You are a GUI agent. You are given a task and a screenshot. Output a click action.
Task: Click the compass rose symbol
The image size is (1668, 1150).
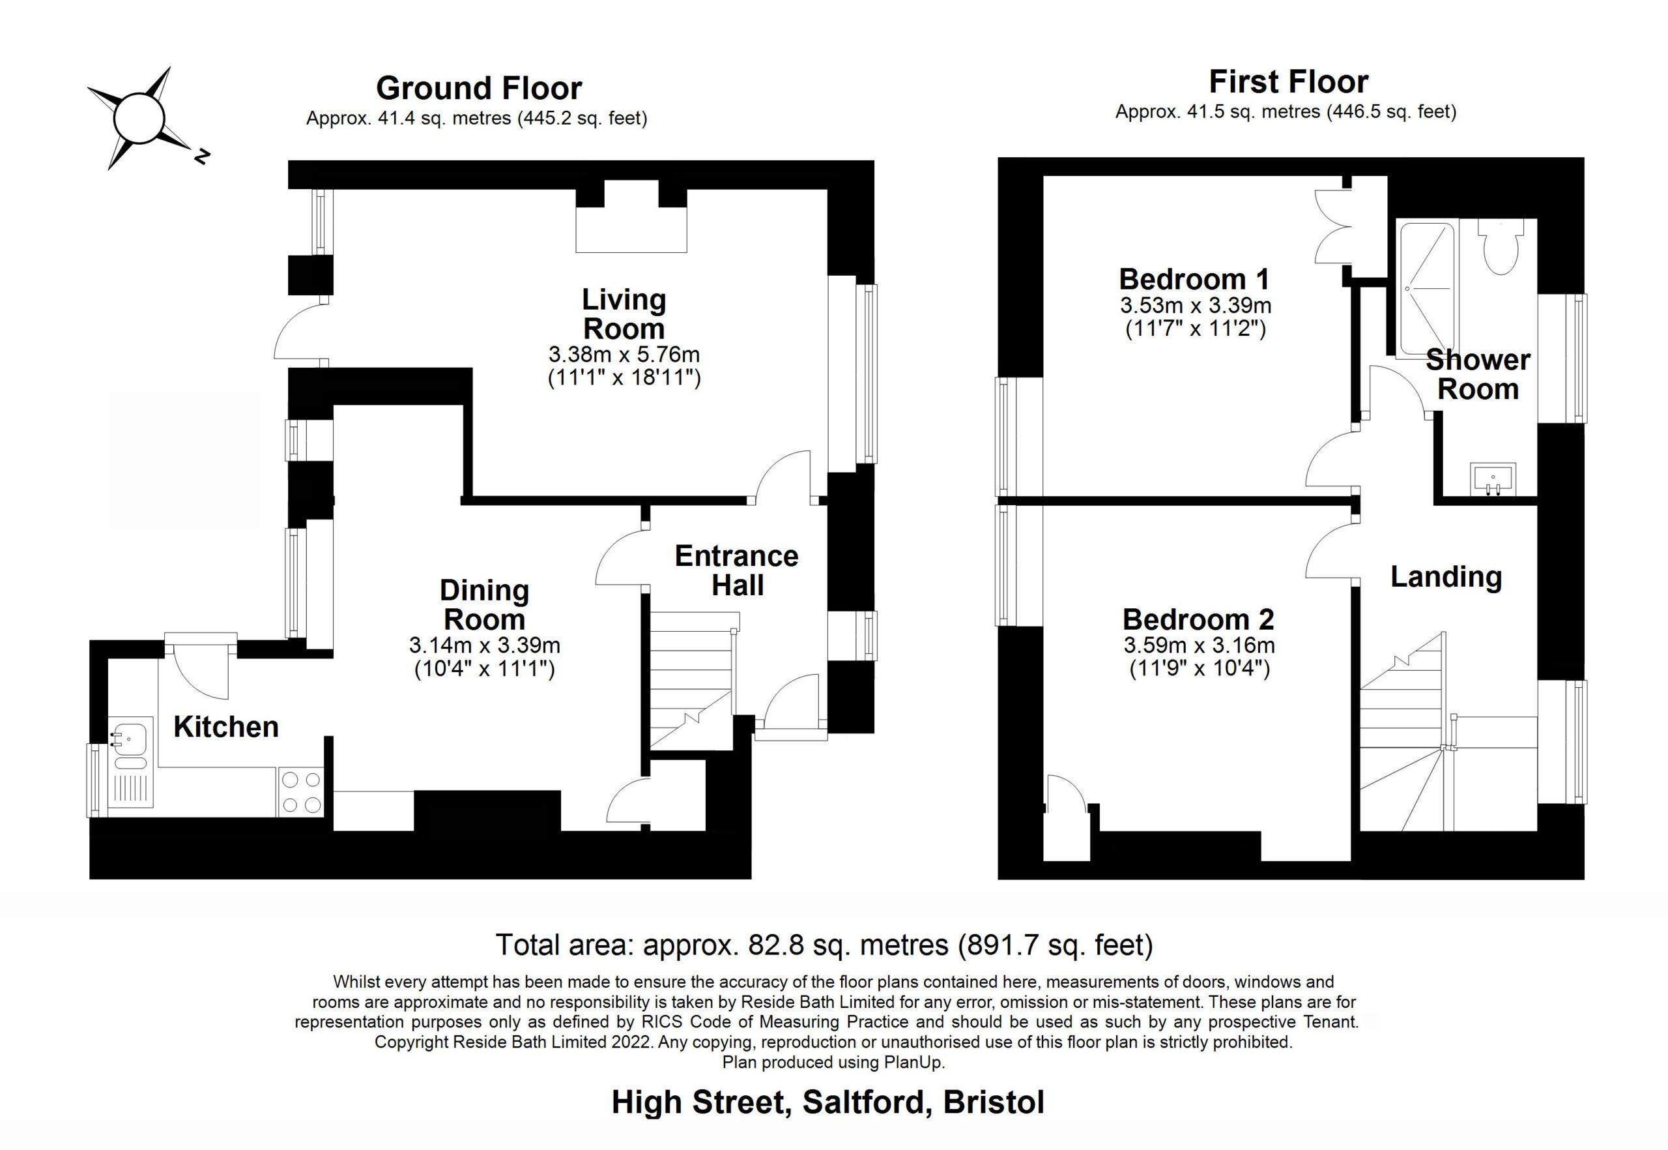(139, 118)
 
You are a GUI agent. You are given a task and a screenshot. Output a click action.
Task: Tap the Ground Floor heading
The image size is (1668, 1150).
(479, 88)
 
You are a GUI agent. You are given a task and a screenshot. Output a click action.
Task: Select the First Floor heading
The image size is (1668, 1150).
(1288, 81)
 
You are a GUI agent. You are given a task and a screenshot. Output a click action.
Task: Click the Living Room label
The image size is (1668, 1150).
(624, 314)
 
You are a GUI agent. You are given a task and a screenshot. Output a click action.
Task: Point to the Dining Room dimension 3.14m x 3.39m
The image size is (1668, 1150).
(485, 645)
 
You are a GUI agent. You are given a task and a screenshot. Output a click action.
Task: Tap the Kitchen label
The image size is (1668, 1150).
(226, 727)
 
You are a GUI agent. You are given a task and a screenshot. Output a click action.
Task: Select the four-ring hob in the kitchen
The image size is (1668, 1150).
(301, 792)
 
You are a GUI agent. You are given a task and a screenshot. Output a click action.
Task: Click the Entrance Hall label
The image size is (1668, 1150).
(737, 570)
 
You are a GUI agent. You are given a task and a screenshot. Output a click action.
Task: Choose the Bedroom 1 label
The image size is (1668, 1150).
(1195, 279)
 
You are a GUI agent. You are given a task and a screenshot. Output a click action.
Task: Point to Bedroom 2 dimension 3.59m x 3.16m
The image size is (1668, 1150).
(1199, 645)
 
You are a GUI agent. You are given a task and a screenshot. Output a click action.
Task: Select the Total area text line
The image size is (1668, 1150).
(825, 945)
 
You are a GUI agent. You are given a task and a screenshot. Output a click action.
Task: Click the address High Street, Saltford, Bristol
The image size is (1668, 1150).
(828, 1102)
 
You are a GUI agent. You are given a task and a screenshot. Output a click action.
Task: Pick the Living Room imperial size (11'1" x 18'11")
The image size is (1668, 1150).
(624, 377)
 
